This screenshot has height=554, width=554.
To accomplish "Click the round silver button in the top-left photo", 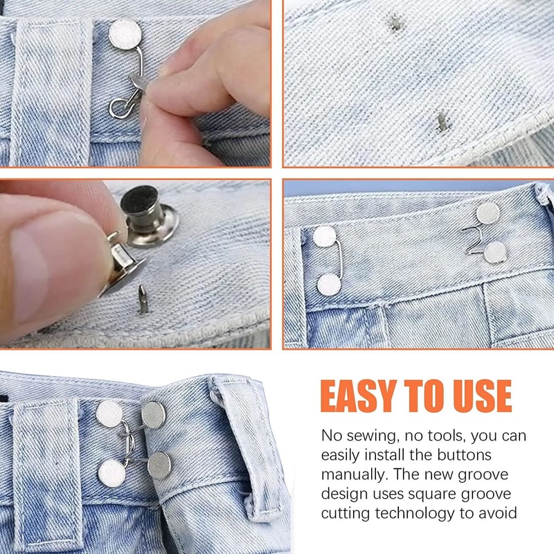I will click(x=124, y=33).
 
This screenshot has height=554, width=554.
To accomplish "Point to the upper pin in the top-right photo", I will click(x=395, y=23).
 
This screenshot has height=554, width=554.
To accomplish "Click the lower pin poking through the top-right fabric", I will click(x=442, y=122).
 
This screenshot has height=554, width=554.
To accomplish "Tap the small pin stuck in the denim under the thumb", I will click(x=143, y=300).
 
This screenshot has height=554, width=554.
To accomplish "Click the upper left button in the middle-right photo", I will click(x=324, y=238).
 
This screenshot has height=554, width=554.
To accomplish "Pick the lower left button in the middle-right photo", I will click(x=329, y=285).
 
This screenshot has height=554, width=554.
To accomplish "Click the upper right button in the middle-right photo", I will click(x=488, y=214).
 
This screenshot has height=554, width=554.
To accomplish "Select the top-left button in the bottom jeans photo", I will click(x=109, y=413).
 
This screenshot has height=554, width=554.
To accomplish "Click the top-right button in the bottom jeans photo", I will click(x=154, y=413).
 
